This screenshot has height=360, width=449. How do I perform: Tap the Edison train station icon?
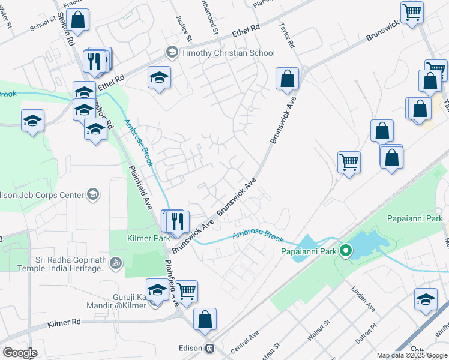pos(210,348)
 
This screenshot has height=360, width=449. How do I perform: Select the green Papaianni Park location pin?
pos(345,250)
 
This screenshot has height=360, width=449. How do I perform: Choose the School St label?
pos(43,24)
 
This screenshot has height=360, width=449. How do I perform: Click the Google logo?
pos(20,353)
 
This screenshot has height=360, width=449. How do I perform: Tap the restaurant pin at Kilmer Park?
pos(176,221)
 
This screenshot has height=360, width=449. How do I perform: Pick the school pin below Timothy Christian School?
pos(160,77)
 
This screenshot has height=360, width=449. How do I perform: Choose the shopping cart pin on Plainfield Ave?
pos(187,291)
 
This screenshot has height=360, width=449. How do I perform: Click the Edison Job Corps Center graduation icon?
pos(93,194)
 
